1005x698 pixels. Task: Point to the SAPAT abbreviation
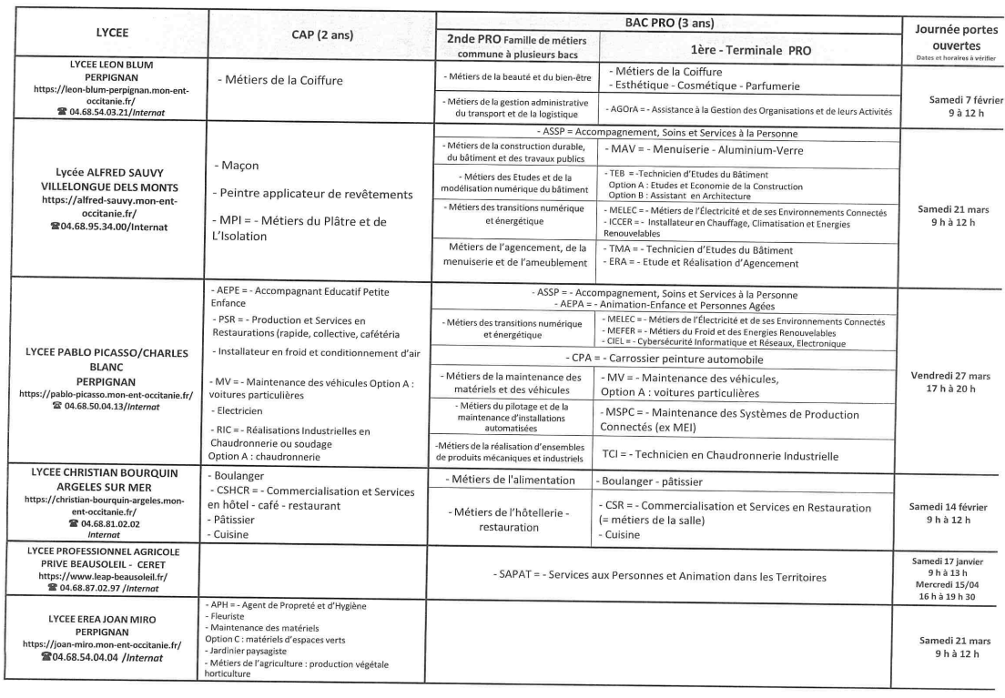(513, 575)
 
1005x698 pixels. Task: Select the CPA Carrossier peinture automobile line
(668, 358)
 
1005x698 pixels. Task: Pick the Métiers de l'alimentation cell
(513, 479)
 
